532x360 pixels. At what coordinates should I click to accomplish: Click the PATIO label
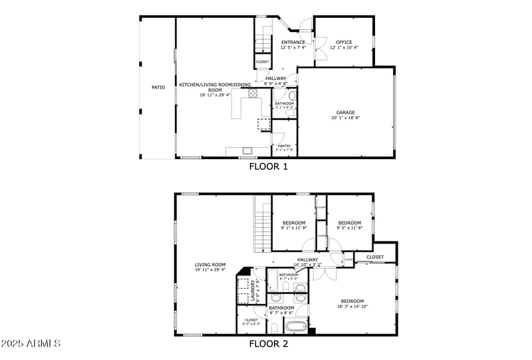(158, 87)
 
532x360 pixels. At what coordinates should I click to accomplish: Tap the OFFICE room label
(344, 42)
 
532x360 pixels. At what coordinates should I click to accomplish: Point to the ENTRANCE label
(293, 42)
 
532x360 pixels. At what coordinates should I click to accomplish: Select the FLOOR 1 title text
(268, 167)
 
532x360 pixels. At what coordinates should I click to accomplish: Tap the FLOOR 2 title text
(268, 344)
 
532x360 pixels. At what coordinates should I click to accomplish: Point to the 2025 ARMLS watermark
(31, 344)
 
